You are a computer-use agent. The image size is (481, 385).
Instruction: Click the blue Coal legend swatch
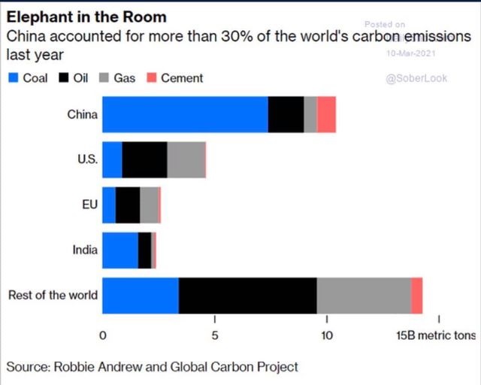coord(13,77)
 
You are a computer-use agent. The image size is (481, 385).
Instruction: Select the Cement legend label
coord(181,77)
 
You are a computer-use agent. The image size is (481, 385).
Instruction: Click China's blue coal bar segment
coord(185,115)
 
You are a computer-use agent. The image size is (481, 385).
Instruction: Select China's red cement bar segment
coord(326,115)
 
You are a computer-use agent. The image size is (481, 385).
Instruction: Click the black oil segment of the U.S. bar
coord(144,159)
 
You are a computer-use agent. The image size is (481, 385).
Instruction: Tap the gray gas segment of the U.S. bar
coord(186,159)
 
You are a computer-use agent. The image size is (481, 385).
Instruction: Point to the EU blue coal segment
coord(109,205)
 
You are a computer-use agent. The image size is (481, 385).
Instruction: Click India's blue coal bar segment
coord(119,250)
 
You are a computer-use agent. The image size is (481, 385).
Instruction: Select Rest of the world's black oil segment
coord(247,296)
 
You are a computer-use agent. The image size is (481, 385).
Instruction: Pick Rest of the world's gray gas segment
coord(364,296)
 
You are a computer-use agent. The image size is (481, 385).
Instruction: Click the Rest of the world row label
coord(53,295)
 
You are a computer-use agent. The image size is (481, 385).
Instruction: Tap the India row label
coord(85,250)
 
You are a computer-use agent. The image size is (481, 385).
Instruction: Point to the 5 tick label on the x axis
coord(215,335)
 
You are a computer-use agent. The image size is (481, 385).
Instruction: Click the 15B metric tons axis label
coord(436,335)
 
